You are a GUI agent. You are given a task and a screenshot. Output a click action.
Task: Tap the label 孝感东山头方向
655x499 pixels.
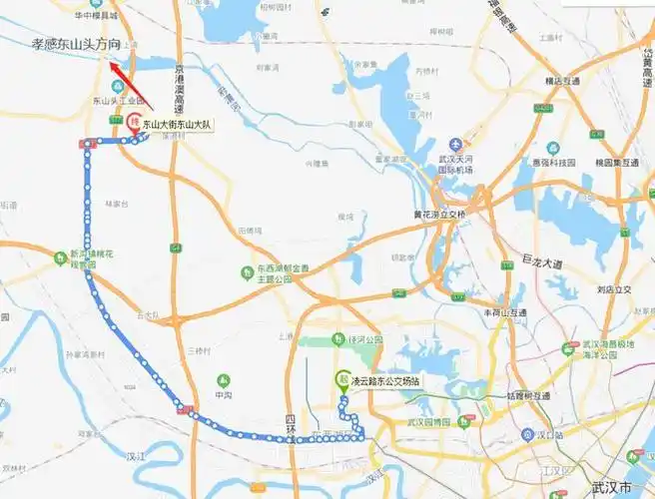coord(76,45)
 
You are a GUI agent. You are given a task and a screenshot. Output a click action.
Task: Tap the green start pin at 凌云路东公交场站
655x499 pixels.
coord(342,380)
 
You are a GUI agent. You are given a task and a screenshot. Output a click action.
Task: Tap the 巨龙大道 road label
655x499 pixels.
coord(543,262)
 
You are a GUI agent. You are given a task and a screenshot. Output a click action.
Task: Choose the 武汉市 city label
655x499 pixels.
coord(611,487)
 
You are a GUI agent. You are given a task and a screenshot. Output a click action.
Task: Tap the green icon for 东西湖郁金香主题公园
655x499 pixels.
coord(248,270)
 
